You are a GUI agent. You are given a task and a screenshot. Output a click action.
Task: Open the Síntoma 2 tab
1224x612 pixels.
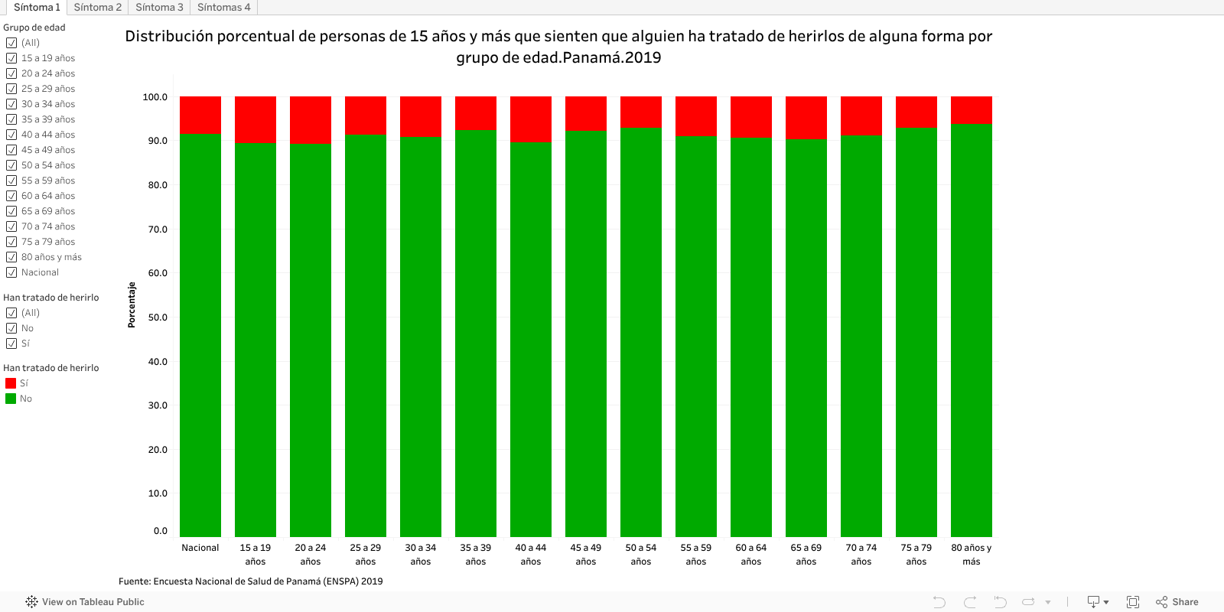click(x=97, y=7)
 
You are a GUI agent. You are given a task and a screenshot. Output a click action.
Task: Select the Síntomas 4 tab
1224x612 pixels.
click(x=223, y=7)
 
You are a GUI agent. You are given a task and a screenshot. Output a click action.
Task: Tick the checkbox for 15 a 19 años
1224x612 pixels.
click(x=11, y=58)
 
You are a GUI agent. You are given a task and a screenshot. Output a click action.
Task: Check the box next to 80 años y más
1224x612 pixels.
click(x=11, y=257)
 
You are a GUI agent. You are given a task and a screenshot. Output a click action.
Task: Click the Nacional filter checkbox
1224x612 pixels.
click(x=11, y=272)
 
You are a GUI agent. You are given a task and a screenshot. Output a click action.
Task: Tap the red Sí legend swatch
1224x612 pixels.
click(x=11, y=383)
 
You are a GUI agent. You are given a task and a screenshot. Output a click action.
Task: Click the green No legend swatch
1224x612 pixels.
click(x=11, y=399)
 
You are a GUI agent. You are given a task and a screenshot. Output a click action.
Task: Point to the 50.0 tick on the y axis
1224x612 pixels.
click(x=158, y=317)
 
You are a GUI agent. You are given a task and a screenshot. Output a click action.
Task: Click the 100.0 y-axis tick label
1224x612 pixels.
click(x=155, y=97)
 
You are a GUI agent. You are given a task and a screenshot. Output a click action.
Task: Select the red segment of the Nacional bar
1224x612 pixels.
click(x=200, y=115)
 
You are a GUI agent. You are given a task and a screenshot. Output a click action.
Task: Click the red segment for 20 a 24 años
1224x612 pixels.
click(x=311, y=119)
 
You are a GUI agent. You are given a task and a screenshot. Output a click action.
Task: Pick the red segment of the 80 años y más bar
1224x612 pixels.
click(x=972, y=109)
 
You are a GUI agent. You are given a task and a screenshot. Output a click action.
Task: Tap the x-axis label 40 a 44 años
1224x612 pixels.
click(x=531, y=555)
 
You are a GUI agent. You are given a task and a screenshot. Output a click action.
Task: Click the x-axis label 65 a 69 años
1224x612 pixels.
click(x=806, y=555)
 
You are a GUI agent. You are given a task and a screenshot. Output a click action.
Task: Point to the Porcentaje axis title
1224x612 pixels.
click(x=132, y=304)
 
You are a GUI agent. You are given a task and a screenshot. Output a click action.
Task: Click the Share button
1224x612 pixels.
click(x=1177, y=602)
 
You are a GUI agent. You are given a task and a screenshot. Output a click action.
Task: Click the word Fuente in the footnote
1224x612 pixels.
click(x=134, y=581)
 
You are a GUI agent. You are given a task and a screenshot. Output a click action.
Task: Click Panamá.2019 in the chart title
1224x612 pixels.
click(x=611, y=57)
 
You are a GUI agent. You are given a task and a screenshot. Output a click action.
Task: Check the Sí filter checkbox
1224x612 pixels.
click(x=11, y=343)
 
